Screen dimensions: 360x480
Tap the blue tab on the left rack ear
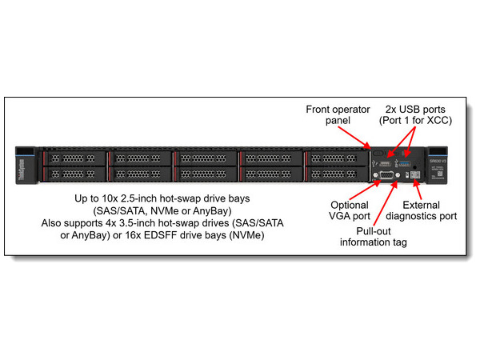pyautogui.click(x=25, y=152)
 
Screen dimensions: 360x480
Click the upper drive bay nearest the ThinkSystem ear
pyautogui.click(x=74, y=158)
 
